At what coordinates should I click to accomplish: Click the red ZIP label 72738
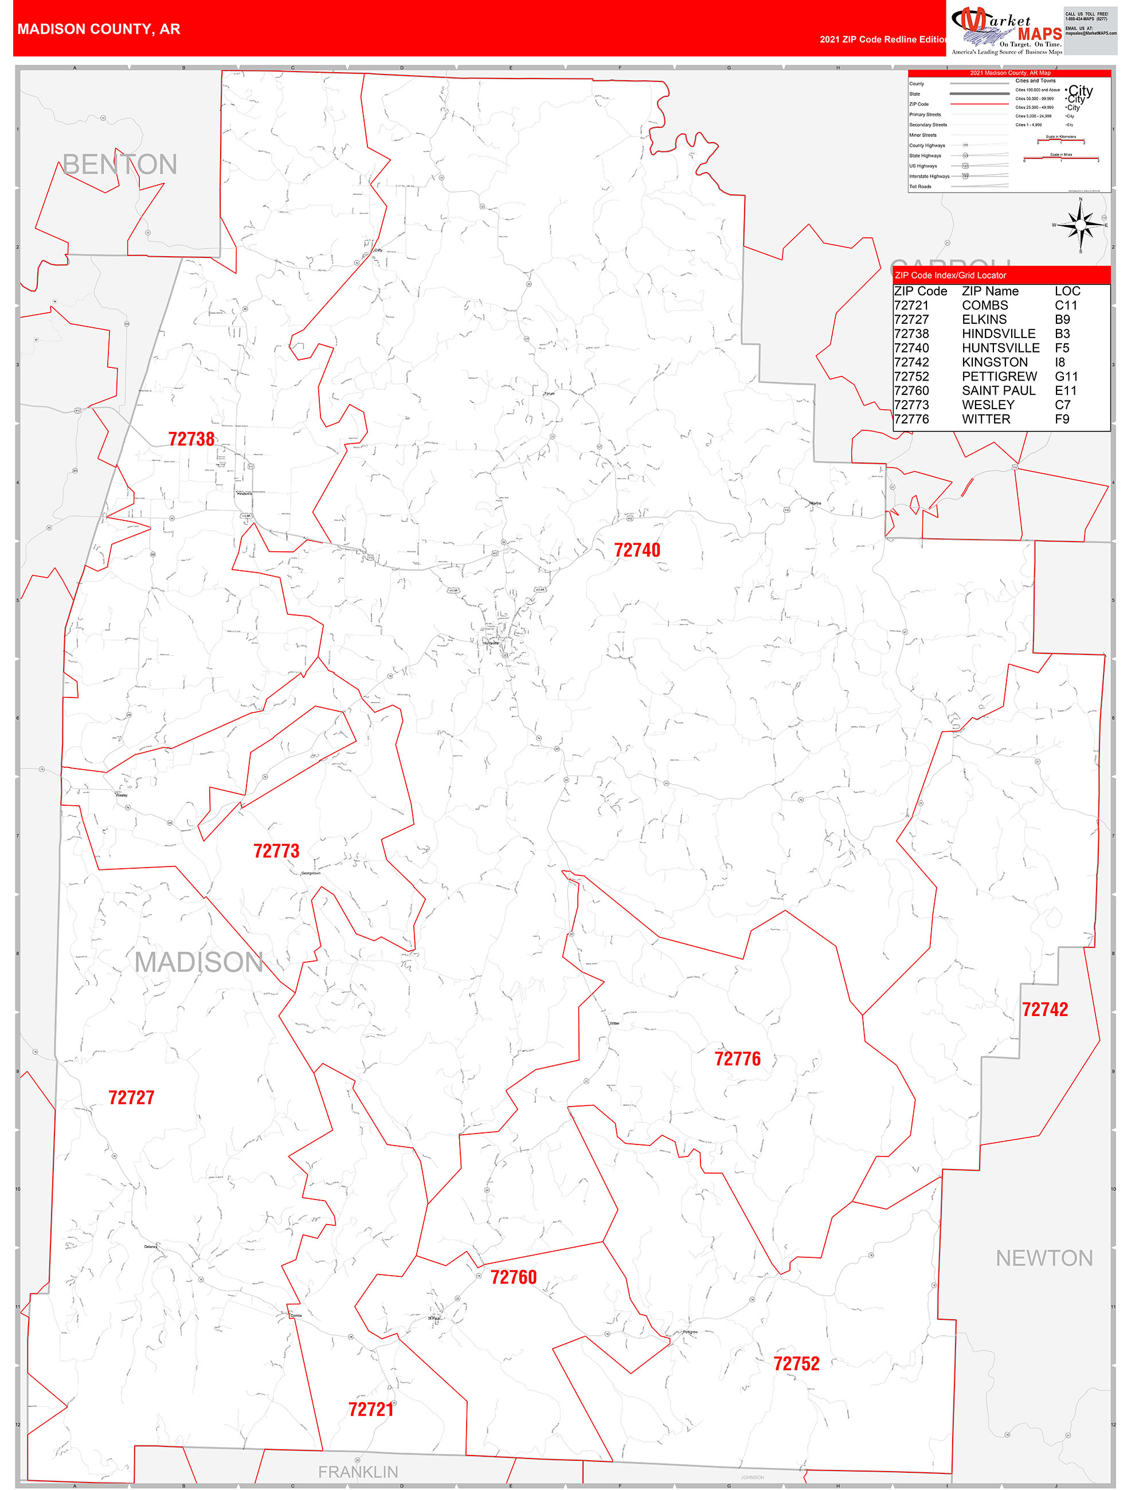tap(191, 439)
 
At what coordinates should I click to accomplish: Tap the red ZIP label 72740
tap(636, 550)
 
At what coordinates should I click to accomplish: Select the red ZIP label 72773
tap(276, 851)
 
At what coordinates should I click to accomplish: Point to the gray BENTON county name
tap(120, 164)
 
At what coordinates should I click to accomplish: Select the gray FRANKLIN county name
tap(358, 1471)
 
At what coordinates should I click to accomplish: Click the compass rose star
tap(1081, 225)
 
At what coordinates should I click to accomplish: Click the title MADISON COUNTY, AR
tap(99, 29)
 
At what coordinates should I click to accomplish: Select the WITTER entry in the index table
tap(985, 419)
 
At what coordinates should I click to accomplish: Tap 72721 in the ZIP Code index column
tap(911, 305)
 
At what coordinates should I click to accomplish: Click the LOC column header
tap(1067, 291)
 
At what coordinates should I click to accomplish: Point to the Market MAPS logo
tap(1007, 30)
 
